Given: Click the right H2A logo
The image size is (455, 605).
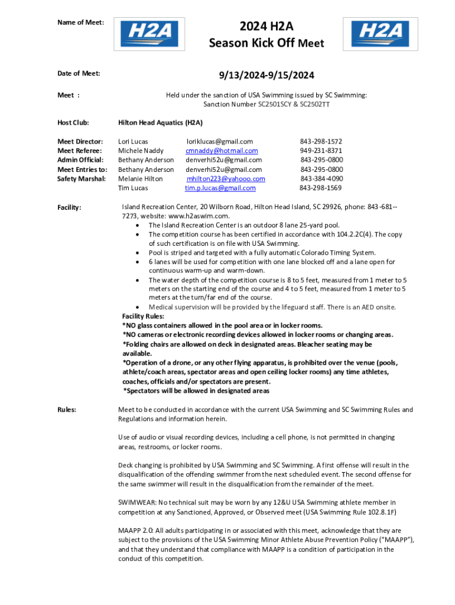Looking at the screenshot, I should [x=379, y=34].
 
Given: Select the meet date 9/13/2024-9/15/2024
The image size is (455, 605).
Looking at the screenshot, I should [x=266, y=75].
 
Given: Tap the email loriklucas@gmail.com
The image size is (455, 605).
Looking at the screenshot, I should [x=220, y=141].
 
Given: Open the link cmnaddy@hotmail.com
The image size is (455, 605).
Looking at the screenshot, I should [x=222, y=151].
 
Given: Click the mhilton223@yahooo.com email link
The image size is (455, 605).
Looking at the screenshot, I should [x=226, y=179].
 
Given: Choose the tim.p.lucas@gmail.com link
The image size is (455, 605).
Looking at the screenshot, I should [x=220, y=188].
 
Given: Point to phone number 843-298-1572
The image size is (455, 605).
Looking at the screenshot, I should [x=321, y=141].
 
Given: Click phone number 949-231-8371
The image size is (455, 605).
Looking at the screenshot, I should [x=321, y=151].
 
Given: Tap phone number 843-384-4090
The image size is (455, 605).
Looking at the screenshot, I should [x=321, y=179].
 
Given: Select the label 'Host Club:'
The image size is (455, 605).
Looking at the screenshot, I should [x=73, y=122].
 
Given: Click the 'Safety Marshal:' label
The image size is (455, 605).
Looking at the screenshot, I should [x=81, y=179].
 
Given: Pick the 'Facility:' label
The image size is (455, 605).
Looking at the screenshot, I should [x=69, y=207].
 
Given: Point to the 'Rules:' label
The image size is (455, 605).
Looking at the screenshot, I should [x=66, y=409].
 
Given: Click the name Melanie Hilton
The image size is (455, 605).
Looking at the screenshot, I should [x=141, y=179].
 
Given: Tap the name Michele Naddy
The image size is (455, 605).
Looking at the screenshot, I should [x=141, y=151].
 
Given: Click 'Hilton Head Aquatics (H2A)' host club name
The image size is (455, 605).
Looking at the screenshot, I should [x=160, y=122].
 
